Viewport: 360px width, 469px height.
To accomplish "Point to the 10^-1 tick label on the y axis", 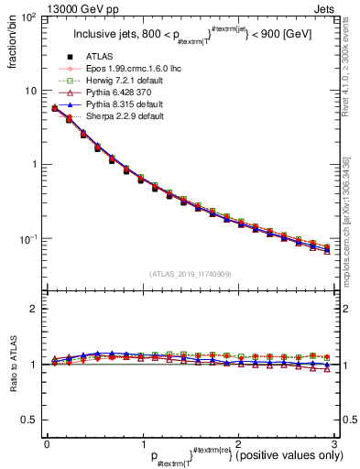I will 27,239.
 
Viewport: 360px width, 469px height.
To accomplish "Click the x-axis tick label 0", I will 47,442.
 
